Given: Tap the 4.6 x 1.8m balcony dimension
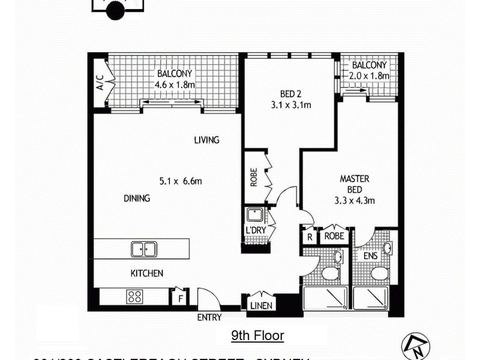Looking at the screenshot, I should click(175, 85).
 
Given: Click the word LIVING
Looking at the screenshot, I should click(206, 140).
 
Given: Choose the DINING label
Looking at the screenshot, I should click(137, 199).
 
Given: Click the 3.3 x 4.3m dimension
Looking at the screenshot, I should click(354, 201).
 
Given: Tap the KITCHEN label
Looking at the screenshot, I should click(147, 274).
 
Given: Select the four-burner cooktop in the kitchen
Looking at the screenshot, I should click(134, 296).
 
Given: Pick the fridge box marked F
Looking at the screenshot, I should click(179, 298).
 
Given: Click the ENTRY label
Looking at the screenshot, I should click(209, 317).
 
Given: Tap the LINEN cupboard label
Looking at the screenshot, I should click(261, 305).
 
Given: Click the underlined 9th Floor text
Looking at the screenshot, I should click(257, 335).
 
